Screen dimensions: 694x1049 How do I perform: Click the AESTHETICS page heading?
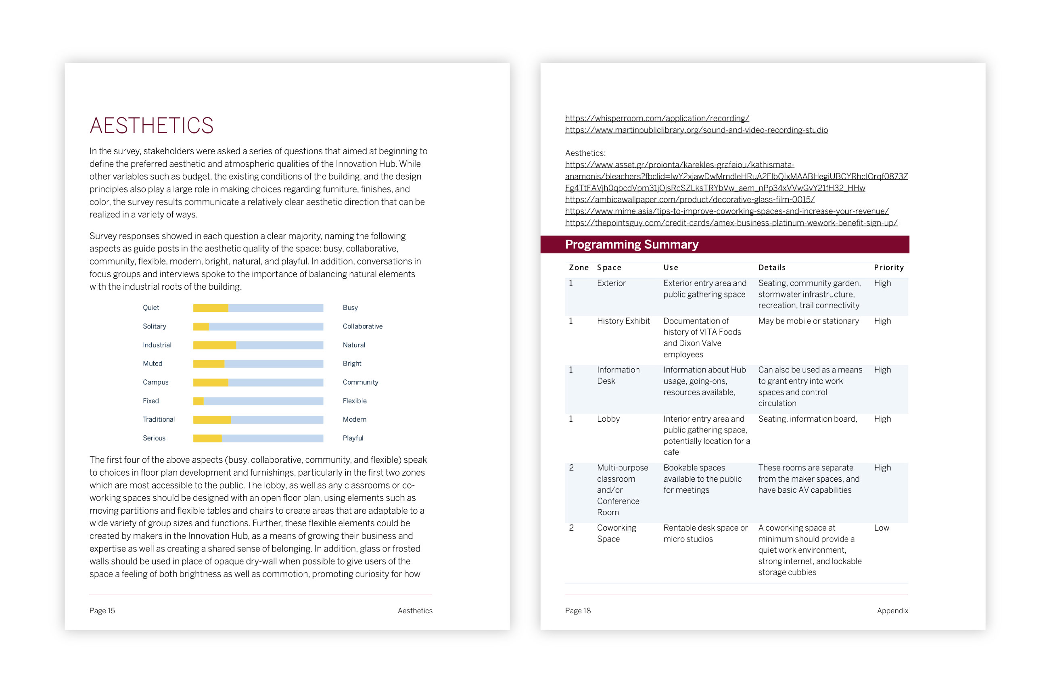pos(151,126)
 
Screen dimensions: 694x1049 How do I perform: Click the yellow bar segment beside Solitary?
pos(201,327)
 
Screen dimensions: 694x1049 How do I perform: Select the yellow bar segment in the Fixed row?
pos(198,401)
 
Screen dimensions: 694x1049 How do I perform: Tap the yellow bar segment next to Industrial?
pos(214,345)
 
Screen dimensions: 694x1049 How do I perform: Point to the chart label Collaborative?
pos(362,327)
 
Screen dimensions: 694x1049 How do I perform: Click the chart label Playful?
pos(353,438)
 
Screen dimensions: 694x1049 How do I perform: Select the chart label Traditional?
pos(159,420)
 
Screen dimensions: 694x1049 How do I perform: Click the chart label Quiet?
pos(150,307)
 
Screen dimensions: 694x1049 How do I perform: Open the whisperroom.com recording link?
pos(657,118)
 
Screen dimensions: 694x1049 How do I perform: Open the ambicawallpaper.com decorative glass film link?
pos(690,200)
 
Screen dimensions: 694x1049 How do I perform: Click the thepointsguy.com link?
pos(731,223)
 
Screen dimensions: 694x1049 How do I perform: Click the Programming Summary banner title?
pos(631,245)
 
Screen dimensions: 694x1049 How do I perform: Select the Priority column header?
pos(888,268)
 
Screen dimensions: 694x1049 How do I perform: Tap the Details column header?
pos(771,268)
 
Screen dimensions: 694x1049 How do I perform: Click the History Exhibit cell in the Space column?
pos(623,321)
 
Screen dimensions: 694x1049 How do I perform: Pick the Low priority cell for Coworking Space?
pos(881,528)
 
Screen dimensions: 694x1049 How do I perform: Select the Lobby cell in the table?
pos(608,419)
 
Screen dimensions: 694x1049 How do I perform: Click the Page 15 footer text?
pos(102,611)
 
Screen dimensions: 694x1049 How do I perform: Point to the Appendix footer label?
pos(892,611)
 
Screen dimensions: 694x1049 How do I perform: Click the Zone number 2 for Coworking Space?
pos(571,528)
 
